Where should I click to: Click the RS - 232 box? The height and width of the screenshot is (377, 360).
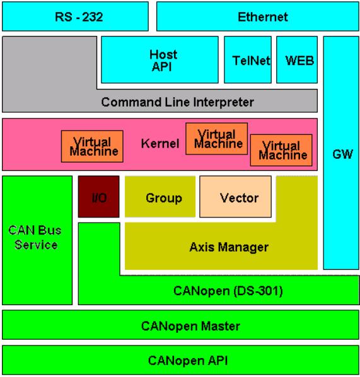[x=75, y=16]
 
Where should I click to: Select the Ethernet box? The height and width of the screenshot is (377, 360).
[x=258, y=16]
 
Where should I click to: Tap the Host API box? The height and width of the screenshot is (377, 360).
[x=160, y=60]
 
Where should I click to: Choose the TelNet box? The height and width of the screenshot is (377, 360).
[x=248, y=60]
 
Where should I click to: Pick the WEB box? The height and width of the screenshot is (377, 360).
[x=297, y=60]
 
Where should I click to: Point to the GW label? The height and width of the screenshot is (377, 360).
[x=343, y=154]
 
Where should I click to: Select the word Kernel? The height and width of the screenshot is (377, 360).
[x=160, y=144]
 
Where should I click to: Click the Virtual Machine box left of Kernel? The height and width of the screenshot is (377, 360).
[x=92, y=146]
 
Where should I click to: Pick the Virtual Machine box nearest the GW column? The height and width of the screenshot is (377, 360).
[x=281, y=150]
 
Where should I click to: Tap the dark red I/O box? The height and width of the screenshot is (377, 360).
[x=98, y=197]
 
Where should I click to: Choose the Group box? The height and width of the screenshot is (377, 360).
[x=160, y=197]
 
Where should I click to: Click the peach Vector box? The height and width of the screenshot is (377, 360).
[x=235, y=197]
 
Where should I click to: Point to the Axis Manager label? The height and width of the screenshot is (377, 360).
[x=229, y=247]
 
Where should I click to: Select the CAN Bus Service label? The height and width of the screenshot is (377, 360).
[x=35, y=237]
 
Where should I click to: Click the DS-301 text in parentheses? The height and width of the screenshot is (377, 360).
[x=255, y=291]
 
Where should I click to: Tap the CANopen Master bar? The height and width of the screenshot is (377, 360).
[x=180, y=325]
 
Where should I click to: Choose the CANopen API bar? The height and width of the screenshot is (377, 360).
[x=180, y=360]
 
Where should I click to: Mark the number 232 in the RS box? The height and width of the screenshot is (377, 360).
[x=93, y=17]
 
